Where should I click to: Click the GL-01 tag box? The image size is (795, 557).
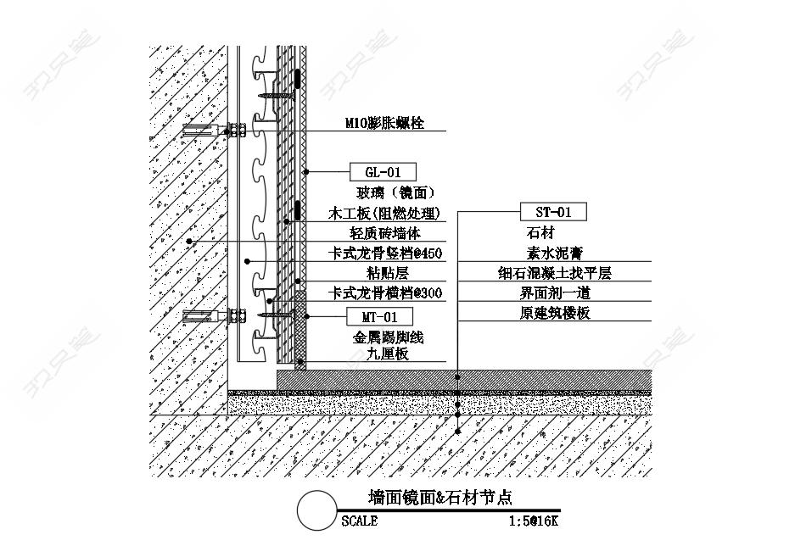tap(383, 172)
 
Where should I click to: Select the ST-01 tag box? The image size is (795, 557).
tap(553, 211)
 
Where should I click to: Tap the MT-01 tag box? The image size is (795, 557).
tap(379, 317)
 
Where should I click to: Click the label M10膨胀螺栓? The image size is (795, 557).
tap(384, 123)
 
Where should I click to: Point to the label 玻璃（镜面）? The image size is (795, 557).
tap(395, 192)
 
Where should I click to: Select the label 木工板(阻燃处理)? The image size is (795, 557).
tap(384, 214)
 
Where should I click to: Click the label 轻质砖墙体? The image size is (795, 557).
tap(385, 233)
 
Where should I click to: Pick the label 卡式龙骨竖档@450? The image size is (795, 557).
tap(385, 253)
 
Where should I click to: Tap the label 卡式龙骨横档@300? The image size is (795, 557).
tap(385, 292)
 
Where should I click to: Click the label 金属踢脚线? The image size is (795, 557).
tap(388, 337)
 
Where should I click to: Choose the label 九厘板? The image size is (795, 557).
tap(388, 354)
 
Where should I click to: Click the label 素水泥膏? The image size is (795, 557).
tap(554, 253)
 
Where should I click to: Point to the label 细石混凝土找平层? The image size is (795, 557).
tap(555, 273)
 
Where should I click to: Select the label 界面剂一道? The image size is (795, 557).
tap(555, 293)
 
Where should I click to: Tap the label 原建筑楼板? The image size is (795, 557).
tap(555, 313)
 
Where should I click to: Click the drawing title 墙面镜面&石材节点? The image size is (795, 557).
tap(439, 498)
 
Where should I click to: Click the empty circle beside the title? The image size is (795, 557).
tap(316, 510)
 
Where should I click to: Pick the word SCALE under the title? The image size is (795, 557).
tap(359, 521)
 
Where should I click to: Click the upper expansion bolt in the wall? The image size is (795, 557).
tap(214, 130)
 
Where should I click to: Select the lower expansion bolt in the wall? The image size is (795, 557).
tap(214, 316)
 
